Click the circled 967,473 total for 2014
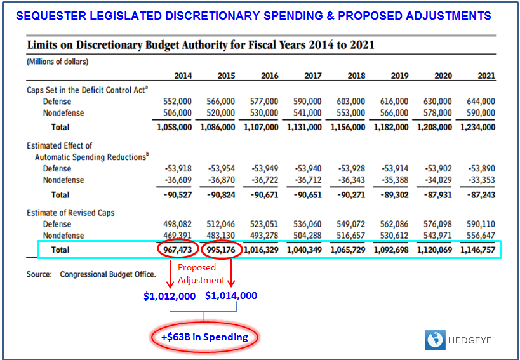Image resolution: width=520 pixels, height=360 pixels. [174, 250]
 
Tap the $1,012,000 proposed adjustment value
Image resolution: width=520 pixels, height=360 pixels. [169, 296]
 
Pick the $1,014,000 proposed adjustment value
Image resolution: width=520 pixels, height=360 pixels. [231, 296]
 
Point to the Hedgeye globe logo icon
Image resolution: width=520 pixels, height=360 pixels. [435, 339]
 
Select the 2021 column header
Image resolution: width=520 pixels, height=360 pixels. [486, 76]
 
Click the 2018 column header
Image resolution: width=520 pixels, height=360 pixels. [356, 76]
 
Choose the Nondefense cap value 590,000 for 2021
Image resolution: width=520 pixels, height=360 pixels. [481, 113]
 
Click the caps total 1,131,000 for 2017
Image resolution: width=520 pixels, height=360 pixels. [304, 127]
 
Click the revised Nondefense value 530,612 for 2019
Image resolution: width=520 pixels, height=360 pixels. [396, 236]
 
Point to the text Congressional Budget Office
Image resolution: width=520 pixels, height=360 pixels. [108, 274]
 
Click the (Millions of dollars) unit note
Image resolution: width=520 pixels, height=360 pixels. [57, 62]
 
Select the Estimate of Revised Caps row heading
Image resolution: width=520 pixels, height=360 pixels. [70, 213]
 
